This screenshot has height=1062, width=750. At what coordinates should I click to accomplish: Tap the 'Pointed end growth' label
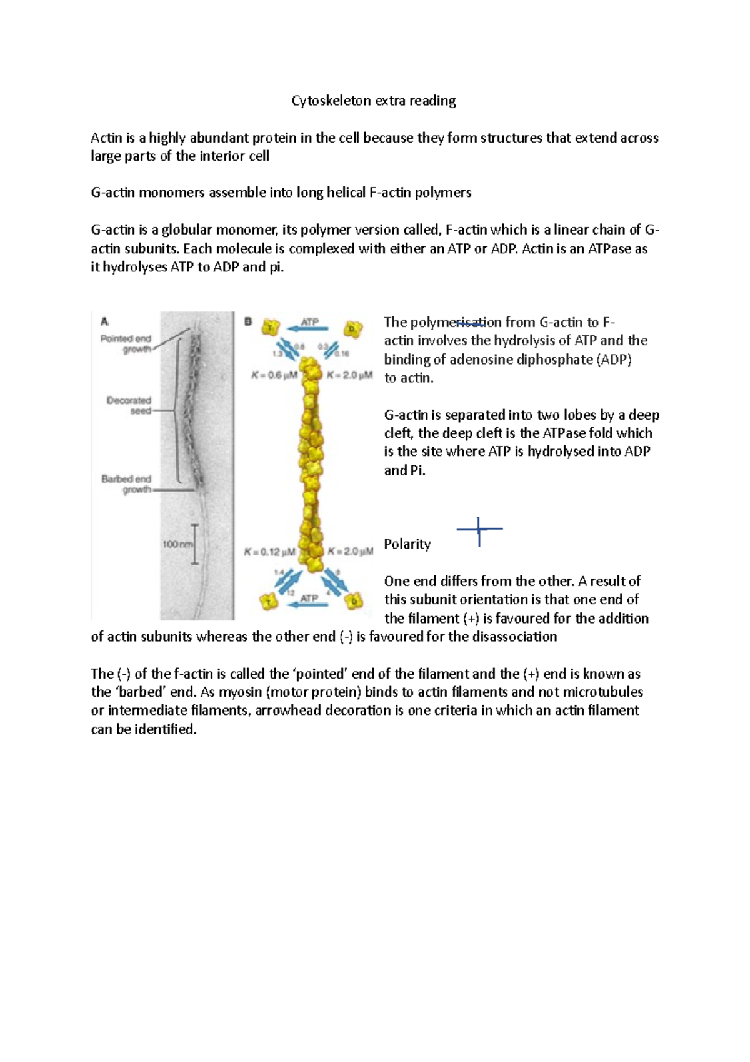coord(126,344)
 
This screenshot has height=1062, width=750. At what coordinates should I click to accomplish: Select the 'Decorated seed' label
coord(129,405)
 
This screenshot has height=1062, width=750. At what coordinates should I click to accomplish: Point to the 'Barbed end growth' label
coord(127,484)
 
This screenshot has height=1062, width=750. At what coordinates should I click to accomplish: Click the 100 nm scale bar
coord(194,544)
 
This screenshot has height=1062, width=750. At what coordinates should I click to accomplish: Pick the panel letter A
coord(105,321)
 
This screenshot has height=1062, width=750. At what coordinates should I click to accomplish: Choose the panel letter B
coord(248,321)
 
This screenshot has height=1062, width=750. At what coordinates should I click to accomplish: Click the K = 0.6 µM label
coord(275,375)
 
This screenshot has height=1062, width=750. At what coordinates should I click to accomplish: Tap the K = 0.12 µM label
coord(270,552)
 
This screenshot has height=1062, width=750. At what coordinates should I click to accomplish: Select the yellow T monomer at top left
coord(270,328)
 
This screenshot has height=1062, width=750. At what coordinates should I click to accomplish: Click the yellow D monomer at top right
coord(353,329)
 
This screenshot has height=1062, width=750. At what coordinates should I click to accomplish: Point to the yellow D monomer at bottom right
coord(354,601)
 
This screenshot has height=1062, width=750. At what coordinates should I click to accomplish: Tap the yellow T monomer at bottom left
coord(269,602)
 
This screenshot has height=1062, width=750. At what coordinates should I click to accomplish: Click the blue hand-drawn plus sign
coord(479,530)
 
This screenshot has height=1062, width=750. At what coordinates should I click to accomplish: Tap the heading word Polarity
coord(407,544)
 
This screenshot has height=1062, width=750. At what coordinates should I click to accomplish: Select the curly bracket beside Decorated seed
coord(180,410)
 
